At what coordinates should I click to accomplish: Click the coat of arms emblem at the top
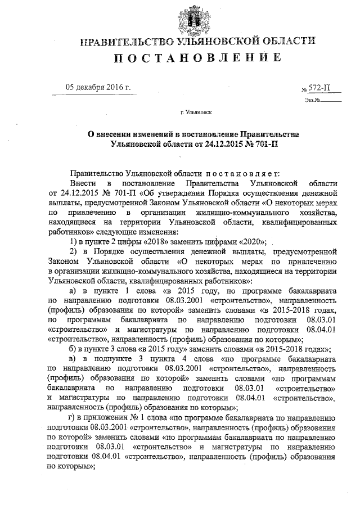pyautogui.click(x=196, y=20)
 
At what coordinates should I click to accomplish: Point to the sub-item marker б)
pyautogui.click(x=73, y=349)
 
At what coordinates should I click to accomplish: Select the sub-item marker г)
pyautogui.click(x=72, y=417)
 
